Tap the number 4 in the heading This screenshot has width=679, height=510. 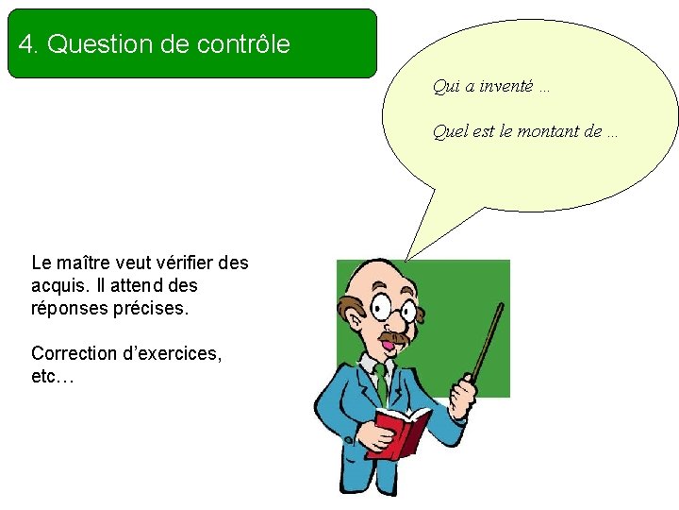coord(26,44)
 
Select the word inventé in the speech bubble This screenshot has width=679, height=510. coord(506,87)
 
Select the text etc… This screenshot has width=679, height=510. coord(52,377)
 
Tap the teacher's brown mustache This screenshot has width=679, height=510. coord(394,337)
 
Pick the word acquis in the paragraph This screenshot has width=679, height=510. coord(56,285)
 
